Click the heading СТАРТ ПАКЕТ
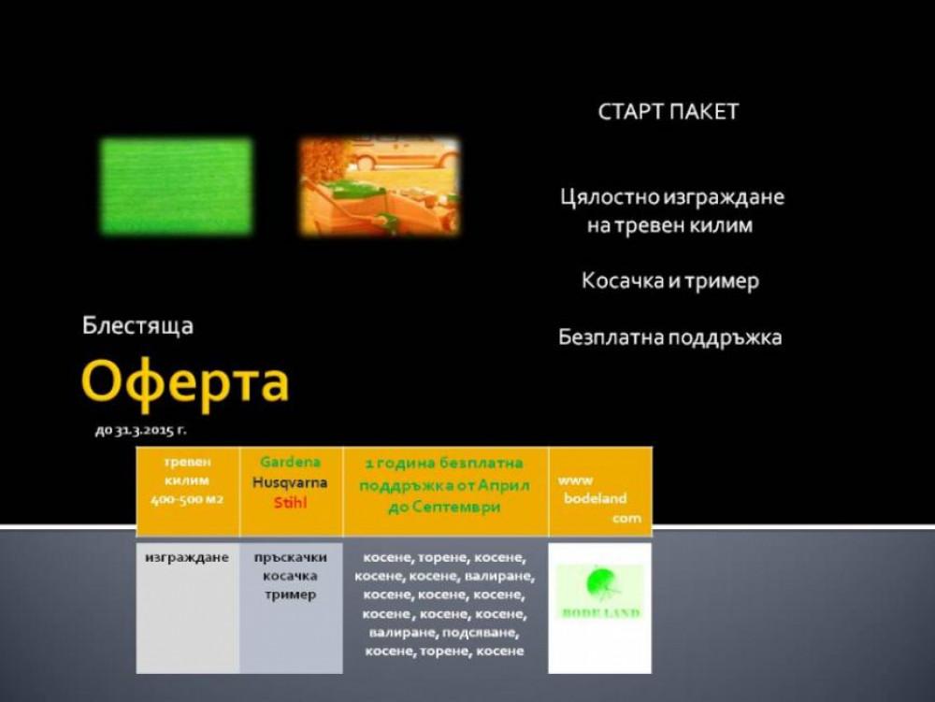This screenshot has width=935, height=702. (x=668, y=112)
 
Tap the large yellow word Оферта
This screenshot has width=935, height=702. (x=185, y=380)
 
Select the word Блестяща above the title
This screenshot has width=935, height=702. (x=137, y=326)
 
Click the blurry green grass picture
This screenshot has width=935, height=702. (x=176, y=186)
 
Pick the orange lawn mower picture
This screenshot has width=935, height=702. (x=380, y=186)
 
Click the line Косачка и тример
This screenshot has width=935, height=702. (x=669, y=280)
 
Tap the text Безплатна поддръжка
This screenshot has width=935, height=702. (x=669, y=337)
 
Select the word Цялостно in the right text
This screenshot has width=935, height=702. (x=609, y=197)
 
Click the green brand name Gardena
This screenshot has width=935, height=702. (x=290, y=462)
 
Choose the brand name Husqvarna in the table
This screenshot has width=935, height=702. (x=290, y=482)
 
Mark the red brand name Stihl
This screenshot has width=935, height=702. (x=290, y=503)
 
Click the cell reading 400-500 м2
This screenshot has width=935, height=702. (x=187, y=500)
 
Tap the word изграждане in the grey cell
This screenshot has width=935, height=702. (x=187, y=558)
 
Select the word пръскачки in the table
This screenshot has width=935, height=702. (x=290, y=558)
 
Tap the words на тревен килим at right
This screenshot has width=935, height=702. (x=669, y=226)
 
